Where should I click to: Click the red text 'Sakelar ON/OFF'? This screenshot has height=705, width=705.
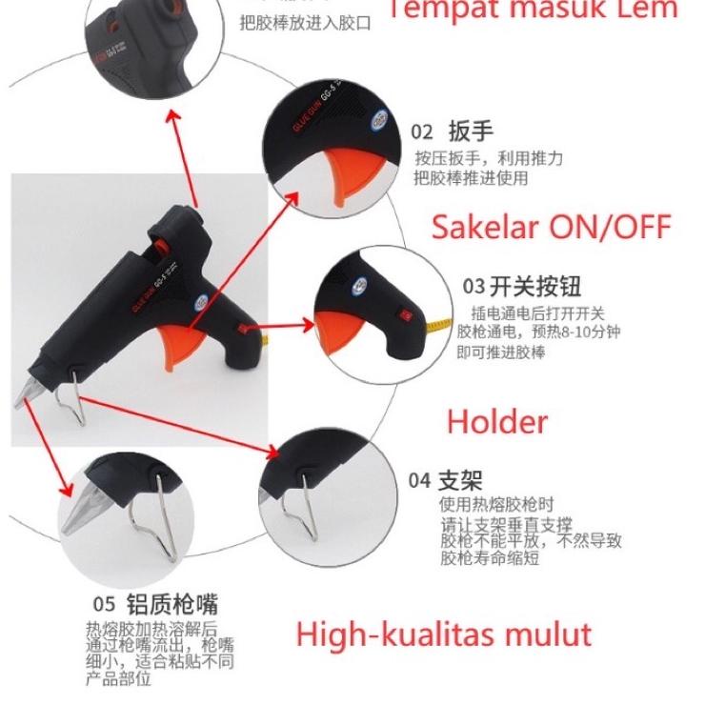pos(552,227)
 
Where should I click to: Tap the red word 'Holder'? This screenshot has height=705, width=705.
pos(497,421)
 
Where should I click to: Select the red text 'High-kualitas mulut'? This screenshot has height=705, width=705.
pos(443,634)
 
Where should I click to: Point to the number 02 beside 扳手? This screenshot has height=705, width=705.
pos(422,132)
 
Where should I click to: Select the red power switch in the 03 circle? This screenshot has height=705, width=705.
pos(404,315)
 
